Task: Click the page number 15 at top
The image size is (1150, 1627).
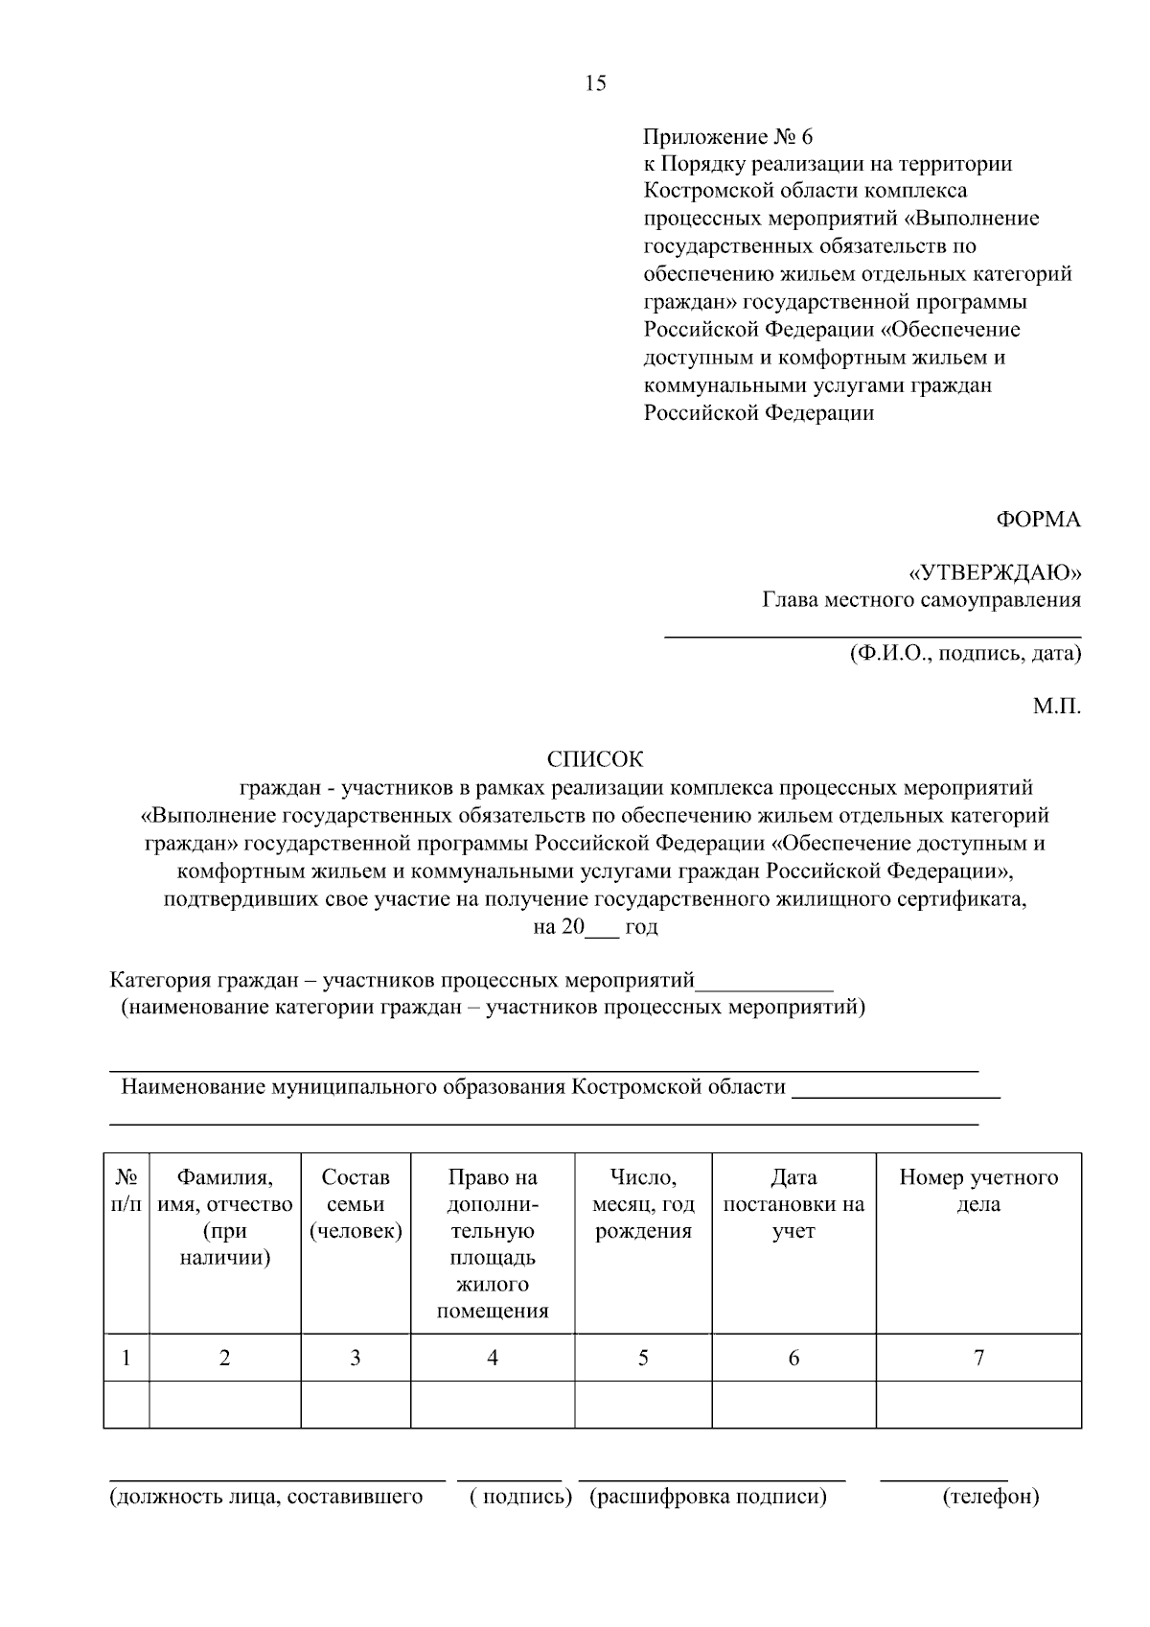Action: coord(595,83)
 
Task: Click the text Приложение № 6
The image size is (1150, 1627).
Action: coord(728,136)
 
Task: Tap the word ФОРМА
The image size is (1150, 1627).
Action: coord(1039,520)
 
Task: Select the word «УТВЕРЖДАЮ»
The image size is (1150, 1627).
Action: coord(995,573)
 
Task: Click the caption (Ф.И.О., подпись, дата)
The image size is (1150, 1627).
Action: coord(965,654)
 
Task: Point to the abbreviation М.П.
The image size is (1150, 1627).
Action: coord(1056,708)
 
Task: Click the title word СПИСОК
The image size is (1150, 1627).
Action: coord(595,759)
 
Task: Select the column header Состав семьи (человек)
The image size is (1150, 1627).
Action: coord(356,1204)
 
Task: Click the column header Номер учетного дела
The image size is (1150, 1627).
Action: coord(978,1191)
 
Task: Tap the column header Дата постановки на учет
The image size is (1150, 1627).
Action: coord(793,1204)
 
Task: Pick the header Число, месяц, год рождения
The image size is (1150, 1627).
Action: coord(643,1204)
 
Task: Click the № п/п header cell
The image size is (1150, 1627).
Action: coord(126,1191)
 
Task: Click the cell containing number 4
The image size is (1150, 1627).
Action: coord(493,1358)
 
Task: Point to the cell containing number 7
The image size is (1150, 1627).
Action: coord(978,1358)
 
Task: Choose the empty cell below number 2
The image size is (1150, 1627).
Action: coord(225,1405)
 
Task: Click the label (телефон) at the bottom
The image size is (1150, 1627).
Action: coord(991,1497)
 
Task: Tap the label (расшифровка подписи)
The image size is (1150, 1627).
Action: coord(708,1497)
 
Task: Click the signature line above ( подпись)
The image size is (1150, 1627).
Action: coord(509,1479)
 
